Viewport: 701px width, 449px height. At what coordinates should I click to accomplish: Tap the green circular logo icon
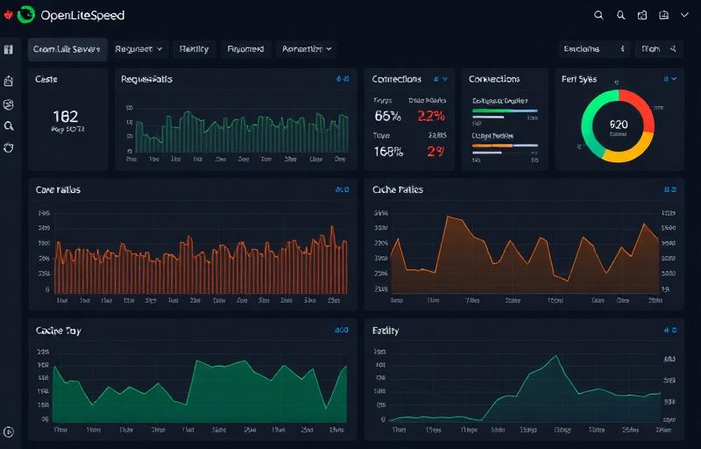coord(26,14)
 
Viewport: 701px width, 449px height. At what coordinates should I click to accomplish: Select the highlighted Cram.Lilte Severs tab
coord(67,49)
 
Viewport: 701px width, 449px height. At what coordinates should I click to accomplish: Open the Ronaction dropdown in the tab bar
coord(308,49)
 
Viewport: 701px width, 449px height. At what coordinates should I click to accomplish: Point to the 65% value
coord(387,116)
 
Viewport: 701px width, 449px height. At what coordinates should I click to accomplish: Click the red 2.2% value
coord(430,116)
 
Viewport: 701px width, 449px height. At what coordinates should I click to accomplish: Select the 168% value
coord(388,151)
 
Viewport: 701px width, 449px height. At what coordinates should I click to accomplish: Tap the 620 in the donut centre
coord(618,125)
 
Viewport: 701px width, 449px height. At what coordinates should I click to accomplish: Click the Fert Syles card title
coord(579,79)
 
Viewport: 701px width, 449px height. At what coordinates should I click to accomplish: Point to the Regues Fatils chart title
coord(146,79)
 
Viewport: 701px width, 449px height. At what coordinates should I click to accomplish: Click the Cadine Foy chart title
coord(59,331)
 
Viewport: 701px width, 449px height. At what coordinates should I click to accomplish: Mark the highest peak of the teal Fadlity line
coord(555,355)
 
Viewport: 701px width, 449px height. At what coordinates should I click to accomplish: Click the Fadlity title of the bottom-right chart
coord(386,331)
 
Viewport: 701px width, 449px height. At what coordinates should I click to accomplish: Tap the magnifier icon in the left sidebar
coord(9,126)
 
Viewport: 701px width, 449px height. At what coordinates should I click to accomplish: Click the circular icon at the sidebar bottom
coord(9,431)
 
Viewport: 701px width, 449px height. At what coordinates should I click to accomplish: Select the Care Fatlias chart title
coord(58,189)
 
